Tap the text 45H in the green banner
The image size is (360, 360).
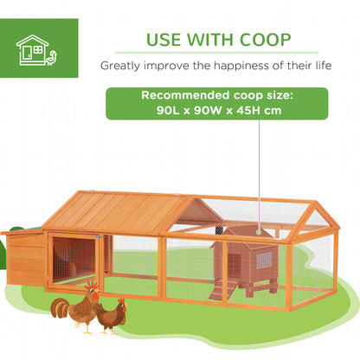(x=247, y=111)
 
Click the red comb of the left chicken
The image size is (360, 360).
(x=89, y=284)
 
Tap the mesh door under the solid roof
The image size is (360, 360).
(x=74, y=259)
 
